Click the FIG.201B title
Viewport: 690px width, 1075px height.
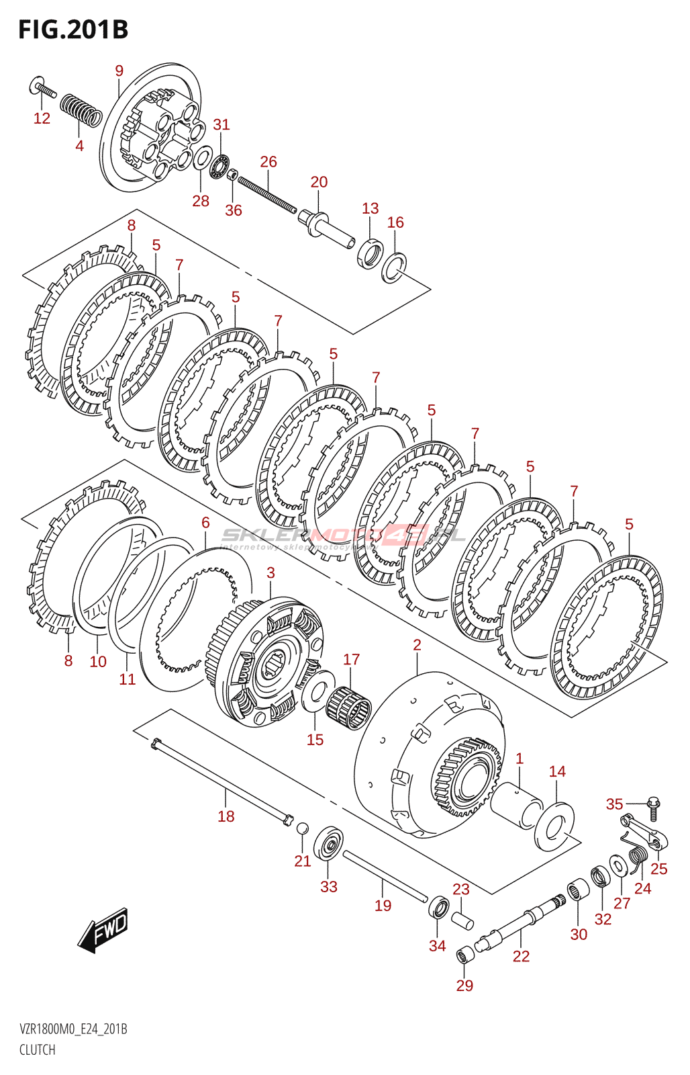point(73,30)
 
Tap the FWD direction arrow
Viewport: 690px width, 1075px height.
point(103,930)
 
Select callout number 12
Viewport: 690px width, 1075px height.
point(42,118)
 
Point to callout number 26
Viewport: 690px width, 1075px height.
point(268,162)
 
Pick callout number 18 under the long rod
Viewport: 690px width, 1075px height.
point(226,816)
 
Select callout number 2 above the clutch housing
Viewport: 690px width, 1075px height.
point(417,645)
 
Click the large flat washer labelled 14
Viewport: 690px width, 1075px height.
point(554,825)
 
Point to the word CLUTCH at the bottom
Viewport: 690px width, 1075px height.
point(38,1049)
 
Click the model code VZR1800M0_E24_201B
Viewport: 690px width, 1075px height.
point(73,1029)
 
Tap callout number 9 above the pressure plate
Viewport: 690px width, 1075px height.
point(119,71)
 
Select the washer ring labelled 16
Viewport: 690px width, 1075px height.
point(394,267)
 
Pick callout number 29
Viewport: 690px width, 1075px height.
point(464,986)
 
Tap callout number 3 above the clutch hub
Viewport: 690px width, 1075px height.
point(270,572)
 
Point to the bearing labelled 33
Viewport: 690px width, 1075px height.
point(328,844)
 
